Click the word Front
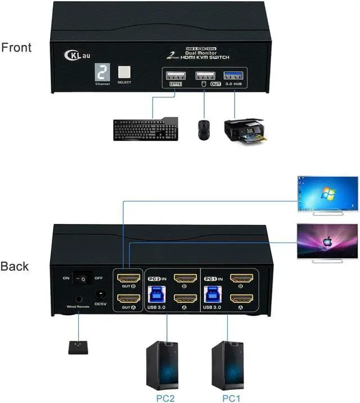click(x=16, y=47)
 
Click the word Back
click(x=15, y=266)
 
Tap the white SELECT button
click(x=124, y=73)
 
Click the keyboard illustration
click(x=145, y=129)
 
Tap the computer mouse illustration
click(x=204, y=129)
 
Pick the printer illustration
click(x=244, y=129)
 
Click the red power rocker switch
click(x=83, y=277)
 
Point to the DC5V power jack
click(x=101, y=294)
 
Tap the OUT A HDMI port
click(x=128, y=298)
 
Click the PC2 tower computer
click(x=164, y=360)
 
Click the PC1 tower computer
click(x=228, y=360)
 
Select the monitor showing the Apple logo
click(x=327, y=241)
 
